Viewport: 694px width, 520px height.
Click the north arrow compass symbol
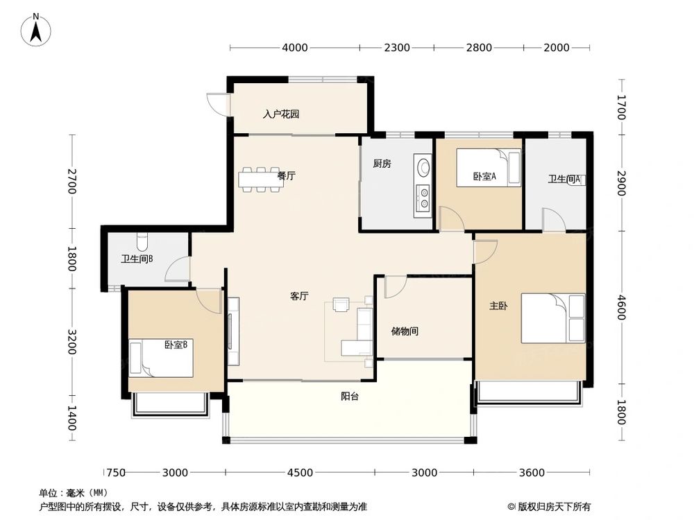point(36,30)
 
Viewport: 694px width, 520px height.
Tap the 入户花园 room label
point(281,114)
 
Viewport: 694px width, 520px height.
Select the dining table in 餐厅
point(260,180)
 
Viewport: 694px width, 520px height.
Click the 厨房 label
point(382,164)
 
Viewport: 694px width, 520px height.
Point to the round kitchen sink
point(423,167)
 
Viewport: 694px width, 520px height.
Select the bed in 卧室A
point(489,168)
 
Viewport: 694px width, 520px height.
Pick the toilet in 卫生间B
point(142,241)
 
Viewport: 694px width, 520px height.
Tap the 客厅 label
point(299,296)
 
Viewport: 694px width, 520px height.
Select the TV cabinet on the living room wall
point(233,331)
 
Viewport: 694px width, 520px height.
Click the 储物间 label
point(405,331)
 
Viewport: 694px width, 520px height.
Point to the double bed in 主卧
point(553,318)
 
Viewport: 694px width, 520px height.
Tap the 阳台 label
point(350,397)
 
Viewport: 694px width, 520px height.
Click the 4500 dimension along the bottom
point(300,473)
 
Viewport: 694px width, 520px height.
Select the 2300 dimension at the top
point(396,47)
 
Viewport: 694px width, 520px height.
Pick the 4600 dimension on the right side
point(620,307)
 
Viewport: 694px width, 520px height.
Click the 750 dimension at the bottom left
point(116,473)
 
